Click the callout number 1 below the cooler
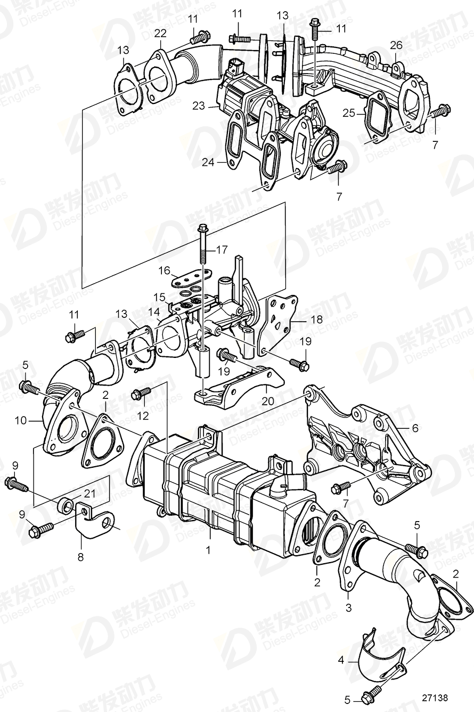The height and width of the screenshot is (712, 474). coord(209,548)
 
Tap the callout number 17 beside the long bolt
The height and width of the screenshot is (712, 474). coord(221,249)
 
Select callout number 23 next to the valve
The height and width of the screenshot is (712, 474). coord(199,106)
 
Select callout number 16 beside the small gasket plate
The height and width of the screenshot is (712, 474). coord(164,271)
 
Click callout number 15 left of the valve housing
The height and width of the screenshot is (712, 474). coord(159,296)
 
